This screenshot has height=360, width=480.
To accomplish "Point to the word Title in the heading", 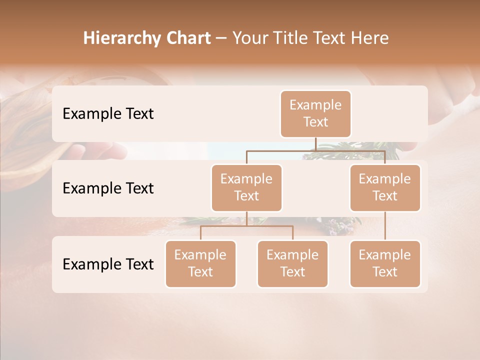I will click(x=292, y=38).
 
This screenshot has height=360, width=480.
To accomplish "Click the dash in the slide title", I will click(x=221, y=39).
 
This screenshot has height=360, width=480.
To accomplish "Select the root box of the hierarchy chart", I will click(x=315, y=114).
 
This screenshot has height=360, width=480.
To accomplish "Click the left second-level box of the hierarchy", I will click(x=246, y=188).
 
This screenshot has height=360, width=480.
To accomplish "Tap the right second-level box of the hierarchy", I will click(x=385, y=188).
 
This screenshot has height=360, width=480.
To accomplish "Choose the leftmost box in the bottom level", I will click(x=200, y=264).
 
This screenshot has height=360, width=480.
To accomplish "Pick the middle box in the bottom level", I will click(x=292, y=264).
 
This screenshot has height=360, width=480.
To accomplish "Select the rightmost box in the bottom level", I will click(x=385, y=264).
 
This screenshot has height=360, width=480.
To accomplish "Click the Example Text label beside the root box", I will click(x=108, y=114).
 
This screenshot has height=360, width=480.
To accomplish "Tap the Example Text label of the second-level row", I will click(x=108, y=188).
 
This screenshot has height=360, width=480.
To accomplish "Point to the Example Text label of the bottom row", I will click(x=108, y=264).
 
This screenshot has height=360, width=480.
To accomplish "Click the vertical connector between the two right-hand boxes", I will click(x=385, y=226).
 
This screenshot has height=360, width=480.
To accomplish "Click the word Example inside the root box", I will click(x=315, y=105).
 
